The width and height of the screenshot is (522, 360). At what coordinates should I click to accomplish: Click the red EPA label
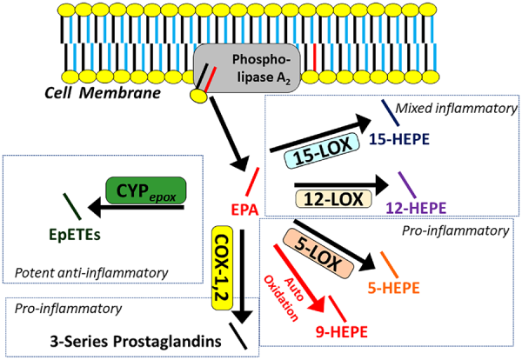pyautogui.click(x=245, y=210)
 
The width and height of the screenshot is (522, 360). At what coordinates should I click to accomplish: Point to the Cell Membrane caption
pyautogui.click(x=90, y=90)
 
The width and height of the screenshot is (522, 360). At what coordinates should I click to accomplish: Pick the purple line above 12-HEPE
pyautogui.click(x=406, y=183)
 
